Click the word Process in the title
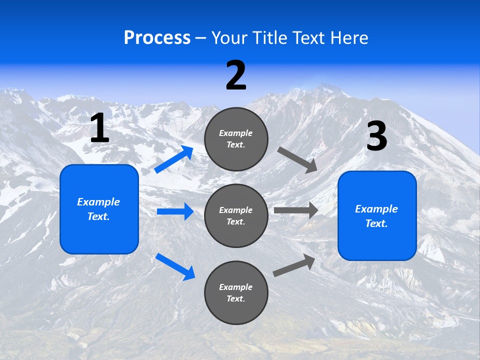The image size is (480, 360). (x=157, y=37)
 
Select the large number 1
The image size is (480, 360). (x=99, y=128)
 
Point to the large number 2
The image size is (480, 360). (x=236, y=76)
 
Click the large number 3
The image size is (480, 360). (x=376, y=136)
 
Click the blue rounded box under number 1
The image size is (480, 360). (x=99, y=209)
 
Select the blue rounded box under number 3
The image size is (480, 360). (x=377, y=215)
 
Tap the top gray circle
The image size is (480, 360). (x=236, y=139)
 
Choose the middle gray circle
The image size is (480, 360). (x=236, y=215)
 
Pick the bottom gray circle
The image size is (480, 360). (x=236, y=292)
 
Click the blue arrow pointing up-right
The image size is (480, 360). (x=174, y=159)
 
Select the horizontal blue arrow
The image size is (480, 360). (x=175, y=211)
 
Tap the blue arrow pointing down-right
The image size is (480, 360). (x=175, y=266)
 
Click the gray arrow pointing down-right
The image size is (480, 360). (x=297, y=159)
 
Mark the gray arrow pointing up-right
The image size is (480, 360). (x=294, y=265)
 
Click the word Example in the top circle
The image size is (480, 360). (x=236, y=133)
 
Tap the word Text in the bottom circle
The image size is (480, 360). (x=235, y=298)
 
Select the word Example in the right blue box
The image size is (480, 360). (x=376, y=209)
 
